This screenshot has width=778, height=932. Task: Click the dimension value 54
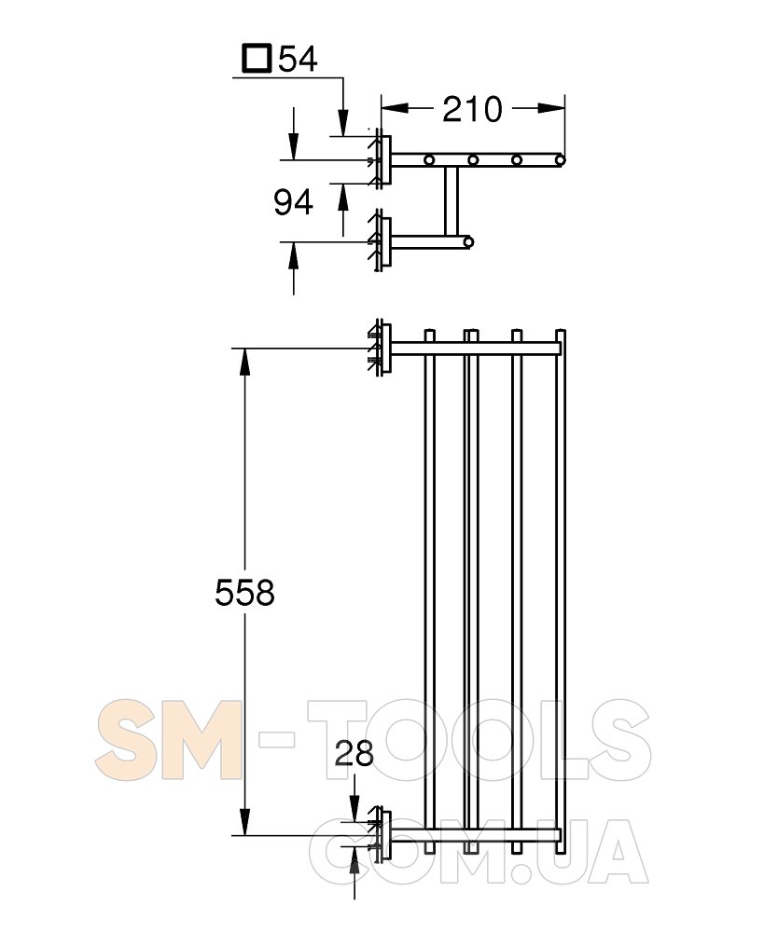tap(298, 59)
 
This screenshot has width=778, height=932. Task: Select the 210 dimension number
tap(472, 109)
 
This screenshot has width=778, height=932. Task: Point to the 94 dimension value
tap(293, 202)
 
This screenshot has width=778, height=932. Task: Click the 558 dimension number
tap(244, 593)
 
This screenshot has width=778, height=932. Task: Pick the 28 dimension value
tap(354, 753)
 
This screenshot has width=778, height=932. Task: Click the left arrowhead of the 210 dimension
tap(395, 107)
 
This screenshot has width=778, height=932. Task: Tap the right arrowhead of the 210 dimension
tap(551, 107)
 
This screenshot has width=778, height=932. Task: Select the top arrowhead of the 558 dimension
tap(244, 362)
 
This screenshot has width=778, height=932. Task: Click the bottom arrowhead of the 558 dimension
tap(244, 821)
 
